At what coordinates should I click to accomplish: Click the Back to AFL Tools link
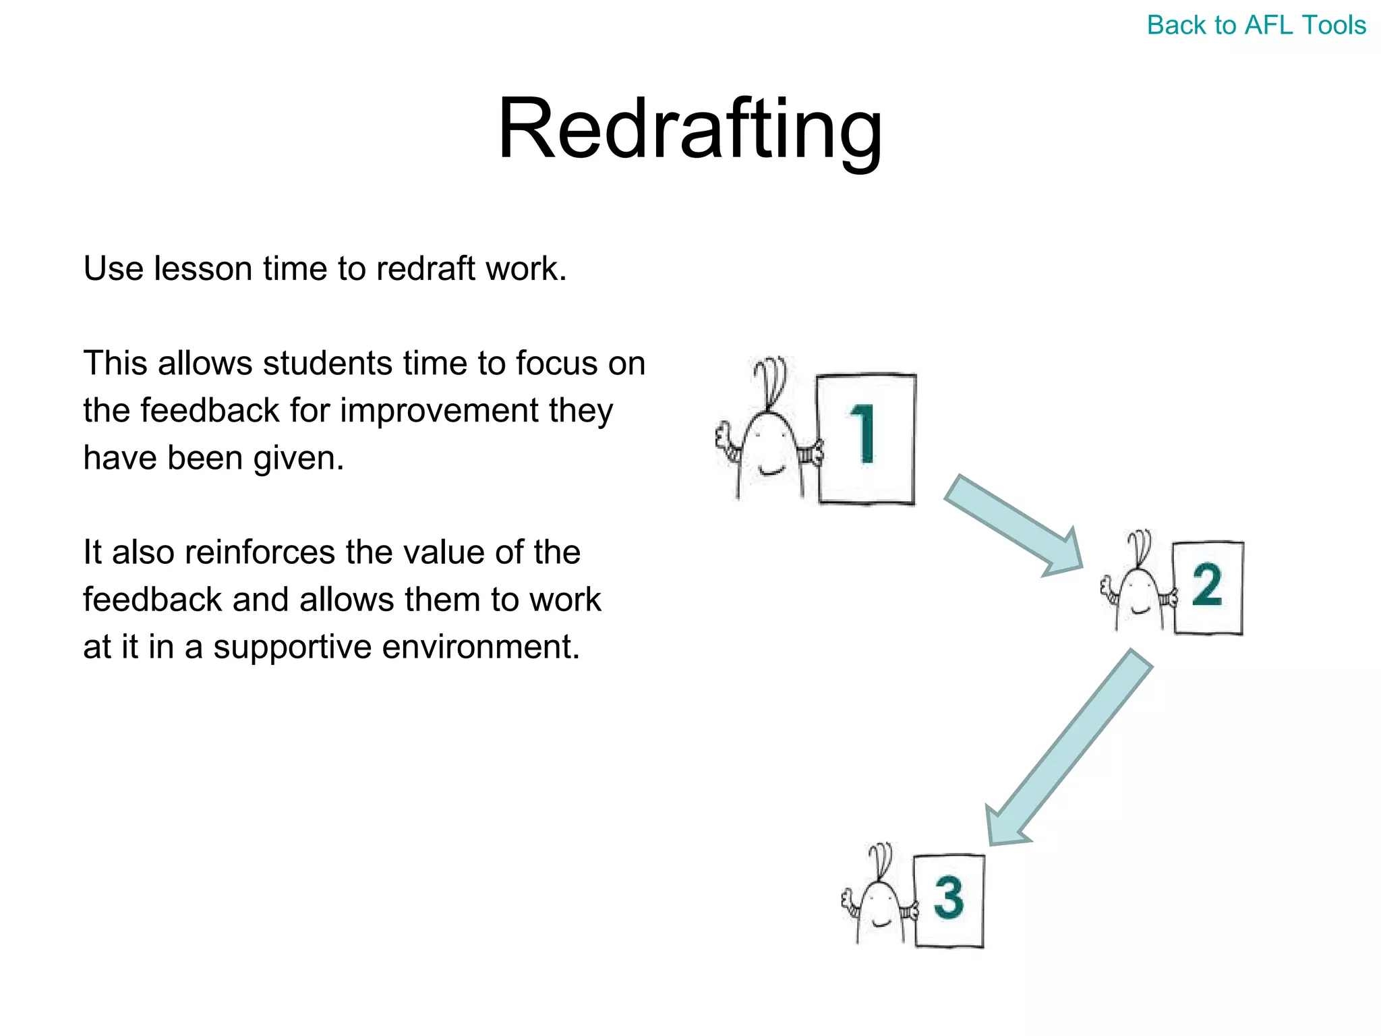[1256, 26]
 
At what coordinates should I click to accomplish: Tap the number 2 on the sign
[1207, 585]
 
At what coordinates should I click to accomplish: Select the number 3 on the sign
[949, 898]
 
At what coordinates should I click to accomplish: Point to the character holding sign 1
[769, 452]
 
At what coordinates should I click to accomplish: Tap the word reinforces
[260, 552]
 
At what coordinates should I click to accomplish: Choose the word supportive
[292, 647]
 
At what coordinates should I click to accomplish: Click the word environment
[481, 647]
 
